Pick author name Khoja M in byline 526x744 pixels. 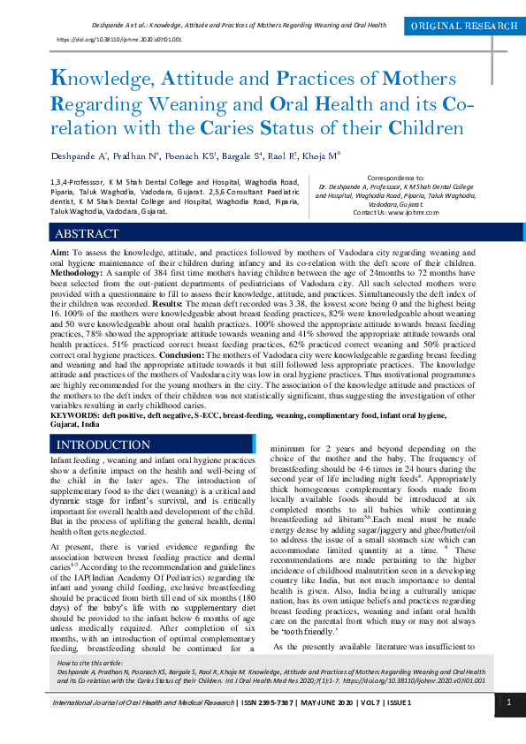click(322, 156)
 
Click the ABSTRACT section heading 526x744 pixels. click(87, 234)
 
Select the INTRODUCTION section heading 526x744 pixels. click(103, 444)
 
